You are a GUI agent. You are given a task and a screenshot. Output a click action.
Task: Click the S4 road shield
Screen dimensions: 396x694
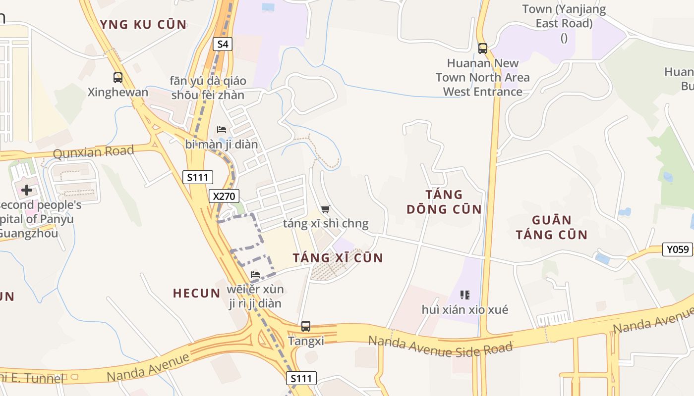coord(223,44)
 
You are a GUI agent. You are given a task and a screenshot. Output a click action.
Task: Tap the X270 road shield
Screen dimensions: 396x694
coord(224,196)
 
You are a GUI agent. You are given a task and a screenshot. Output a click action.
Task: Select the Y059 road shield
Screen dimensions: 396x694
coord(678,249)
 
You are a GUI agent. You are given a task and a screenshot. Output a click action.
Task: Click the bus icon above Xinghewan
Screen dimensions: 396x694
coord(118,78)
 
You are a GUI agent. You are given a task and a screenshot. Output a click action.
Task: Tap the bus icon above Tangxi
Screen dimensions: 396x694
coord(306,326)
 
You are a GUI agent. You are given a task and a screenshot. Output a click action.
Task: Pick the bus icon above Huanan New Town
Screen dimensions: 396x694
coord(483,49)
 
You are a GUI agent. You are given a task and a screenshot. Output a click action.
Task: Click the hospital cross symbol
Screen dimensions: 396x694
coord(27,190)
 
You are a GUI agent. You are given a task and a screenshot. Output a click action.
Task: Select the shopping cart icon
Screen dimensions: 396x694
coord(325,209)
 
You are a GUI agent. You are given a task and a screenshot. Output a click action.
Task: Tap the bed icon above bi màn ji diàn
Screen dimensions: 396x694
coord(222,130)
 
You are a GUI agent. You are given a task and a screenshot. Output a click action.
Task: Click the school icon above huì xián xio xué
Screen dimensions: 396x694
coord(465,295)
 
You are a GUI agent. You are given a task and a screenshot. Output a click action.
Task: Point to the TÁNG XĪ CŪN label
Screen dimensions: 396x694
coord(338,258)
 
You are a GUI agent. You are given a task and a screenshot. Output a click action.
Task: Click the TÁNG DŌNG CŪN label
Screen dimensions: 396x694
coord(444,201)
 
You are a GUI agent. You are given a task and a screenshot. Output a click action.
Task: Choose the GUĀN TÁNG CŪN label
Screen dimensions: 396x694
coord(551,227)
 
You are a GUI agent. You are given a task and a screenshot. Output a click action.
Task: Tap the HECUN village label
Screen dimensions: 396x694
coord(196,293)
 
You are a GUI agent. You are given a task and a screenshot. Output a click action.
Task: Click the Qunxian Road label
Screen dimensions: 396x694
coord(94,152)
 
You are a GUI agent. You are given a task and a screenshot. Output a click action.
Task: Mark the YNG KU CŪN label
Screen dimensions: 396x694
coord(143,24)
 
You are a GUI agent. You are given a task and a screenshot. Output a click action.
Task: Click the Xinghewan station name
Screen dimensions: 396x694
coord(118,92)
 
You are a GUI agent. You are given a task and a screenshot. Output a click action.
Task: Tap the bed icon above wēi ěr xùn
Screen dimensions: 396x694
coord(255,274)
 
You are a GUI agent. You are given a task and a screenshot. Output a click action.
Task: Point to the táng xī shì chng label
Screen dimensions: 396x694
coord(326,224)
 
